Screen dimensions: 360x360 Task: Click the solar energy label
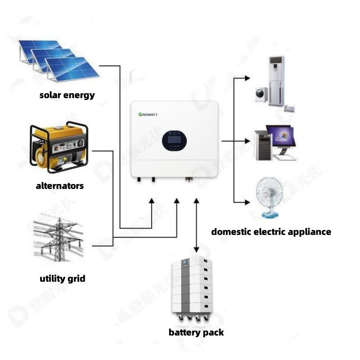[67, 95]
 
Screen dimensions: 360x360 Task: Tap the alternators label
[60, 185]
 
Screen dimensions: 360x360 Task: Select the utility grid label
[62, 279]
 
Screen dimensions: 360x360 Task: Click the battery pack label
[196, 333]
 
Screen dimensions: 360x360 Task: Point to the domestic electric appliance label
[271, 232]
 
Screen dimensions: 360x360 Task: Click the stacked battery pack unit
[192, 288]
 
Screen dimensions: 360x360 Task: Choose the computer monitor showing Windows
[281, 137]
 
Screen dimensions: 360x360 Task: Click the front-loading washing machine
[261, 94]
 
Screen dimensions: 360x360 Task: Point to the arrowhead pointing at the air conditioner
[247, 78]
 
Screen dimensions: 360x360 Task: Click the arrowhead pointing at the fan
[247, 202]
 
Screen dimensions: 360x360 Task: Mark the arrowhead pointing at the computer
[247, 141]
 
